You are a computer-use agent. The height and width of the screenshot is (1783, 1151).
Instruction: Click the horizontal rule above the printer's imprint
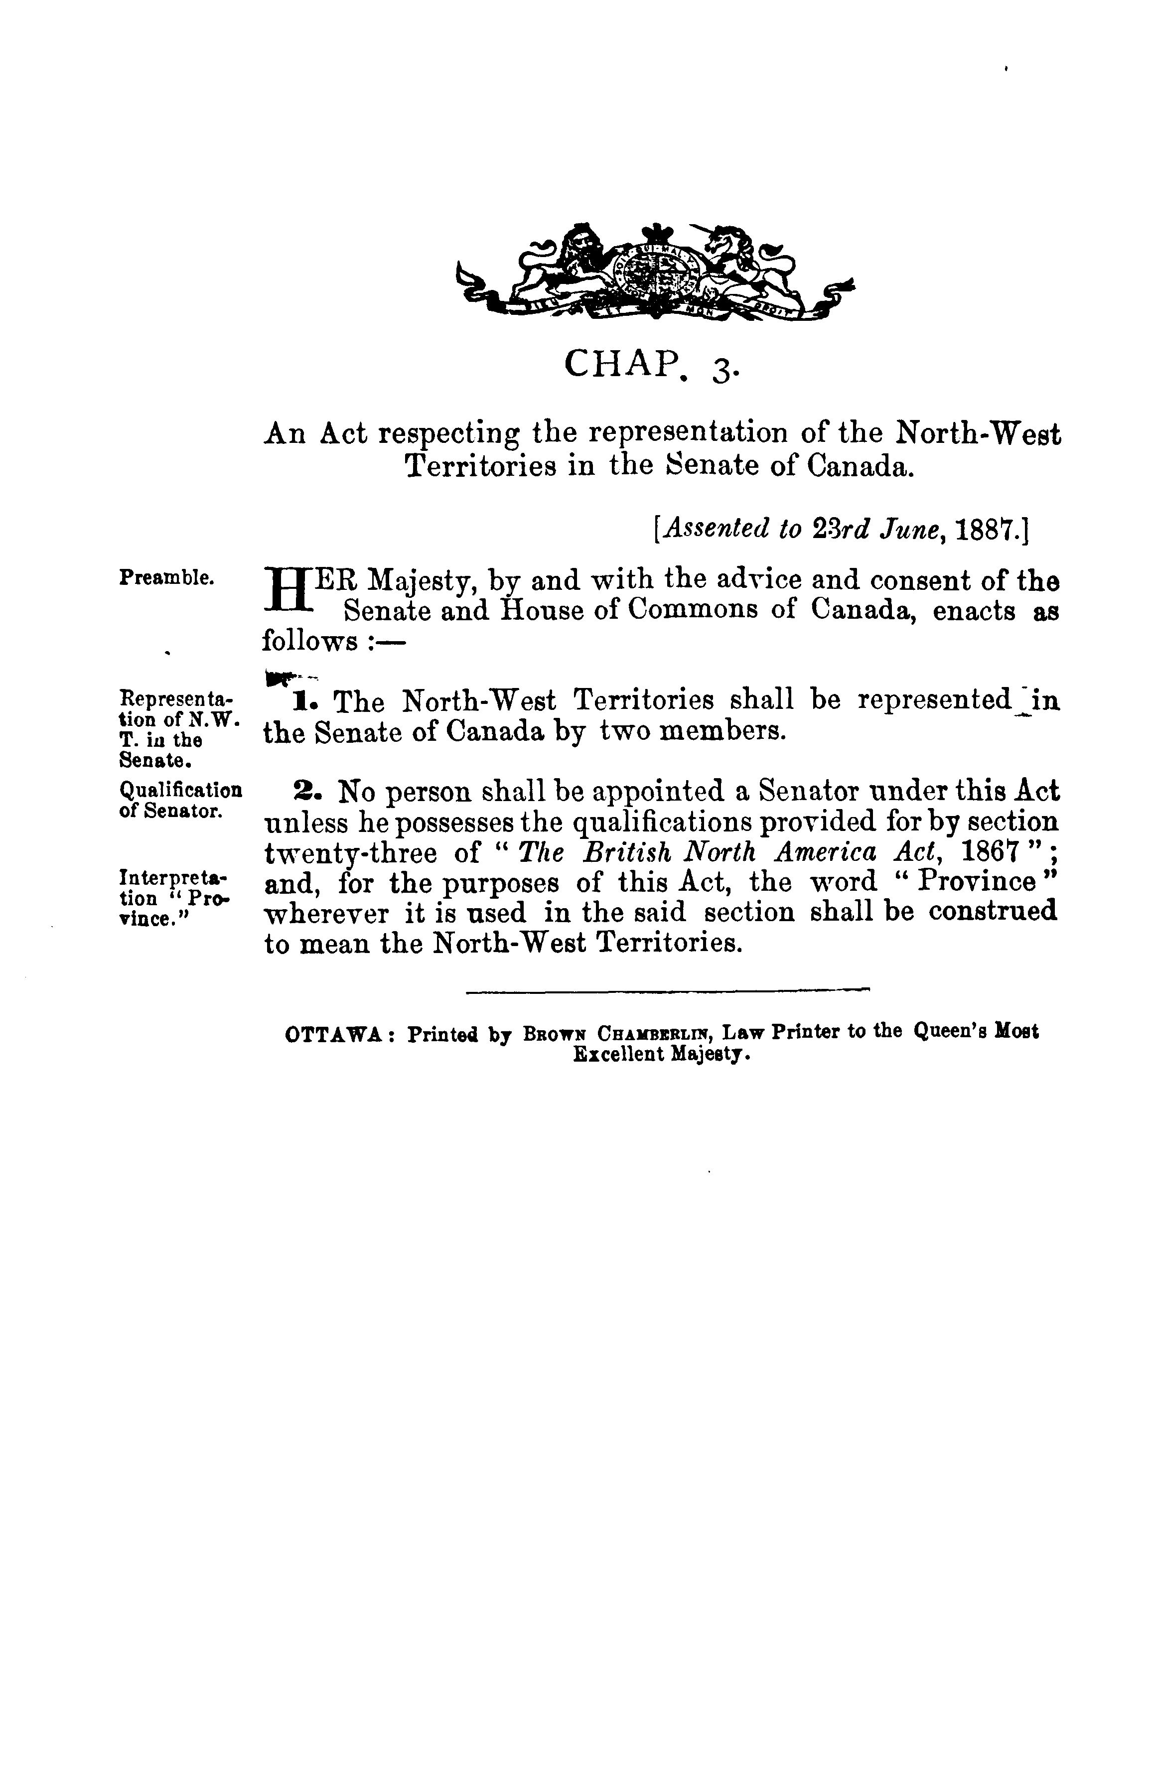click(x=668, y=991)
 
